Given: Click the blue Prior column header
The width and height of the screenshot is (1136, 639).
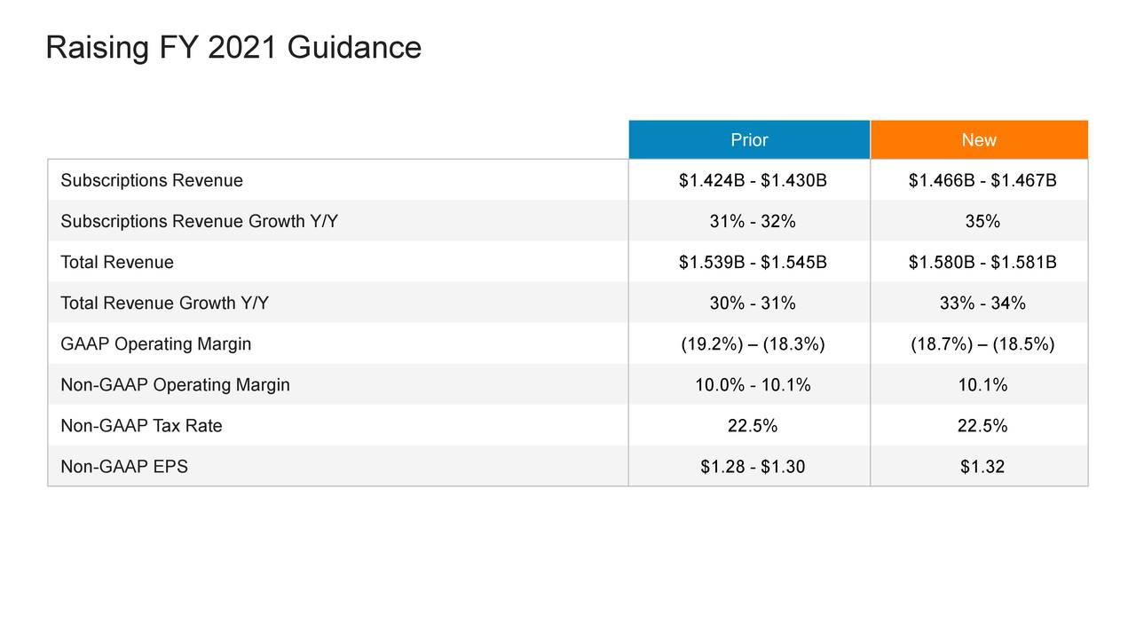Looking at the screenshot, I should click(x=749, y=140).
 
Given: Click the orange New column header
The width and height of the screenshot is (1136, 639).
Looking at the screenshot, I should click(x=979, y=140).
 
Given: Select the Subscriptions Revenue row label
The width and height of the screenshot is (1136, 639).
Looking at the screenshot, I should click(x=152, y=181).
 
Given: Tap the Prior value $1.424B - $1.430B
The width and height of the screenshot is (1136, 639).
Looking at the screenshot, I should click(x=753, y=181).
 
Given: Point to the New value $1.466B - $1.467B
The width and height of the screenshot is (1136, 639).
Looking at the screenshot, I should click(x=982, y=181).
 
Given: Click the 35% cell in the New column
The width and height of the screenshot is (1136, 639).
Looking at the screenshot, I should click(x=982, y=222).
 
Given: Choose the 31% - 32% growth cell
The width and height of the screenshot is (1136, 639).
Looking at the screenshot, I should click(x=753, y=222).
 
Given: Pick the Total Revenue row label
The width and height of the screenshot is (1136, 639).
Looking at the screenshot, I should click(x=117, y=263).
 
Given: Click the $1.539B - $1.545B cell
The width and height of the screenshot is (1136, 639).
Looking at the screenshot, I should click(x=753, y=263).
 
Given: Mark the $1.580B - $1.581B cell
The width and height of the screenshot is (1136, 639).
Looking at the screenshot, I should click(x=982, y=263).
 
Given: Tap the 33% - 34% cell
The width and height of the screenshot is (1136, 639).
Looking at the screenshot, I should click(x=982, y=304).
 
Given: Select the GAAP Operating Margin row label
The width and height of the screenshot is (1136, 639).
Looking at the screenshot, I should click(x=156, y=344).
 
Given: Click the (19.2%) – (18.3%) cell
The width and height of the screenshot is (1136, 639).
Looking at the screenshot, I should click(x=753, y=344).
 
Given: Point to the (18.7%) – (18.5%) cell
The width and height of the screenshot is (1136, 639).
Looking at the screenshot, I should click(x=982, y=344).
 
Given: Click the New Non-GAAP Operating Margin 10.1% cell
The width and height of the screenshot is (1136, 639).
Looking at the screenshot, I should click(x=982, y=385).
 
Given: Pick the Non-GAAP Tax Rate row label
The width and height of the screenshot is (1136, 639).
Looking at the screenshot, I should click(x=141, y=426).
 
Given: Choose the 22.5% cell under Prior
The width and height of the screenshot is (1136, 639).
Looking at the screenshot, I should click(x=753, y=426).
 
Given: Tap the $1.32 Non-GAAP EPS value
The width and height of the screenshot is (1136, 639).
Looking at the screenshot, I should click(x=982, y=467).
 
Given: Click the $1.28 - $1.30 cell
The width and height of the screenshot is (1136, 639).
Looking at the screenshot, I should click(x=753, y=467).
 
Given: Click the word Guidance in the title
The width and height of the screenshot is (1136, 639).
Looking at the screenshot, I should click(x=354, y=47).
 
